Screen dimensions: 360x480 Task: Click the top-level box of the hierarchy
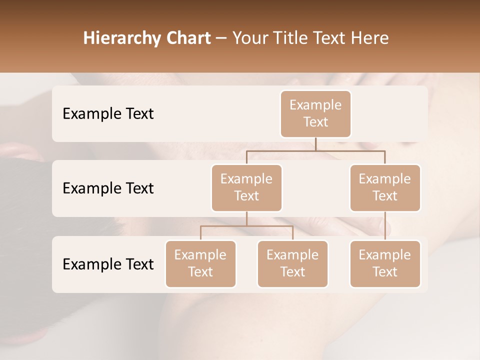tap(315, 113)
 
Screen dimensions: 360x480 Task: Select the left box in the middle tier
tap(246, 187)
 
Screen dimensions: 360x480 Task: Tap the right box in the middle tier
tap(385, 187)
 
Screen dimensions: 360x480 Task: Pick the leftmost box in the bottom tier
tap(200, 263)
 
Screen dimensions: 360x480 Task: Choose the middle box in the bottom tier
tap(292, 263)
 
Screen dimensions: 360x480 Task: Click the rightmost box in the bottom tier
tap(385, 263)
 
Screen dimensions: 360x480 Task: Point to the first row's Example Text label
tap(108, 114)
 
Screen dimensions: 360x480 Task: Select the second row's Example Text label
tap(108, 188)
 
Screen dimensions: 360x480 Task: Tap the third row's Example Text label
tap(108, 264)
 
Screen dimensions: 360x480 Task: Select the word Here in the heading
tap(370, 38)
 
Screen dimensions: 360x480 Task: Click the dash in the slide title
tap(221, 38)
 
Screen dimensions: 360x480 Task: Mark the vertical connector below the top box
tap(315, 144)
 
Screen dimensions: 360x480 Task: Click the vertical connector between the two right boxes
tap(385, 226)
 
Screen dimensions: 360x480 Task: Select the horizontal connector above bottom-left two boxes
tap(246, 226)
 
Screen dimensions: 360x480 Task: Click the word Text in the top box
tap(315, 122)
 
